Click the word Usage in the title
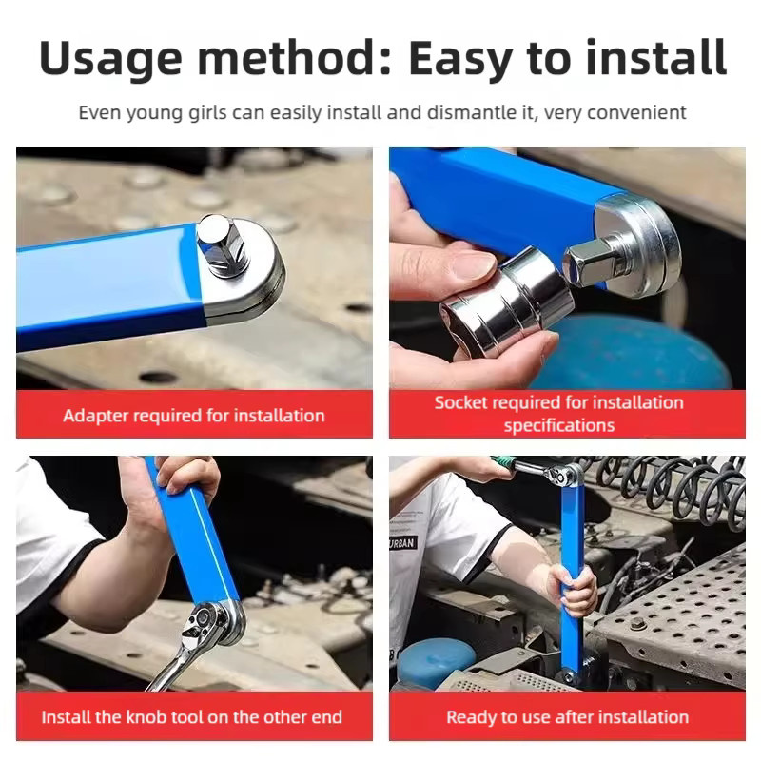pyautogui.click(x=110, y=59)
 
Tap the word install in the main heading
pyautogui.click(x=656, y=57)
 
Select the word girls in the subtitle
pyautogui.click(x=207, y=113)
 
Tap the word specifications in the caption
pyautogui.click(x=559, y=425)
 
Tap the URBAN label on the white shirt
pyautogui.click(x=402, y=542)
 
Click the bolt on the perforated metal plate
pyautogui.click(x=637, y=624)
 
